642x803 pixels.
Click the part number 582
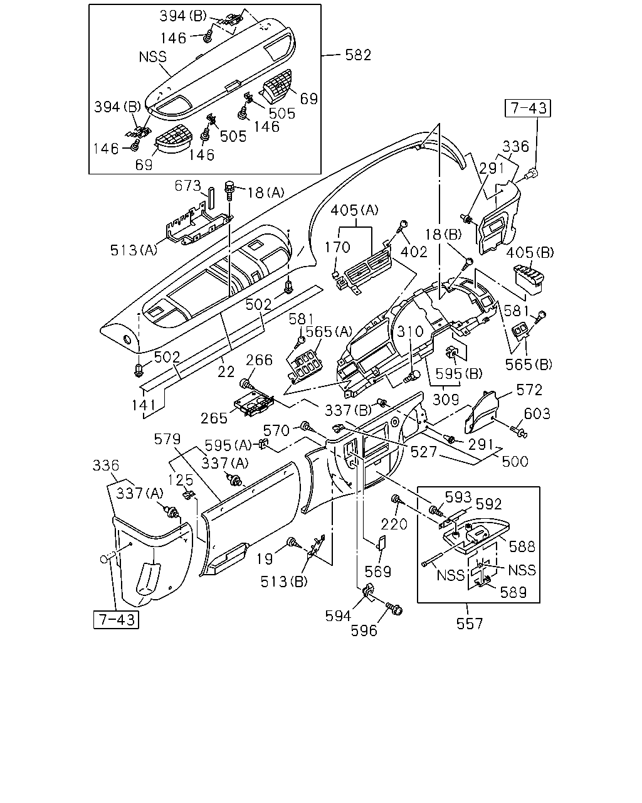click(358, 55)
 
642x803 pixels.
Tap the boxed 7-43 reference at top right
click(527, 108)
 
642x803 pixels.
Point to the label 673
click(188, 186)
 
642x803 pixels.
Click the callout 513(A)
click(134, 250)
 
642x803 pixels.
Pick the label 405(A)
click(354, 210)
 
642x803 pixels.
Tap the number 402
click(414, 252)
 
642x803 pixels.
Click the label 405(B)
click(530, 253)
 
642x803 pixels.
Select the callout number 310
click(410, 331)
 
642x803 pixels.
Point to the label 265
click(214, 418)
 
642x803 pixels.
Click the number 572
click(529, 390)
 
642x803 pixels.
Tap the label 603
click(537, 413)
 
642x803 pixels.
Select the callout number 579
click(167, 439)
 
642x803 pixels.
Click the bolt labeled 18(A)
click(229, 190)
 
